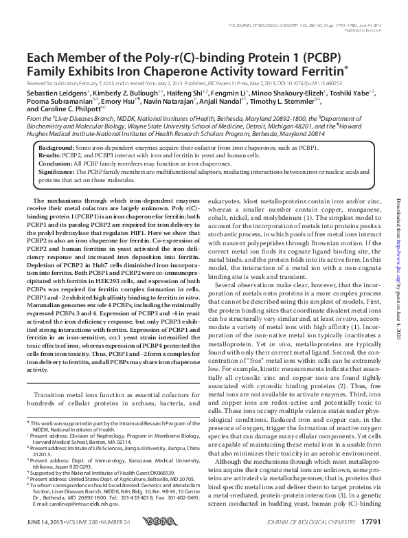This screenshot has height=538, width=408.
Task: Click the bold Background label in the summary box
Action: tap(55, 148)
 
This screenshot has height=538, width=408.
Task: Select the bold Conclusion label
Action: tap(53, 165)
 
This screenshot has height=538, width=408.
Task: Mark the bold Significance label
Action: tap(55, 173)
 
